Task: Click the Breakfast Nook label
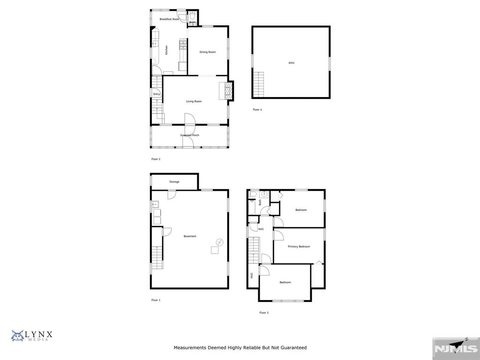169,19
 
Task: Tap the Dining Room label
208,52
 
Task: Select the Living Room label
194,101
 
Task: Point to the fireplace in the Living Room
228,91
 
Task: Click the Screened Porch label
190,135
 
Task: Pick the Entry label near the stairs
157,94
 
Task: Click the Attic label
292,63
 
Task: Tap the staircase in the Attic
258,84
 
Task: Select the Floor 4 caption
257,110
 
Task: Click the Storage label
174,182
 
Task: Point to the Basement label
190,236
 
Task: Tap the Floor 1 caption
156,300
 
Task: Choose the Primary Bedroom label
299,247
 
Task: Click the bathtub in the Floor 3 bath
252,207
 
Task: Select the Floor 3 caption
264,313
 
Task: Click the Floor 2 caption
156,159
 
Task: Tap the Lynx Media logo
32,336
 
